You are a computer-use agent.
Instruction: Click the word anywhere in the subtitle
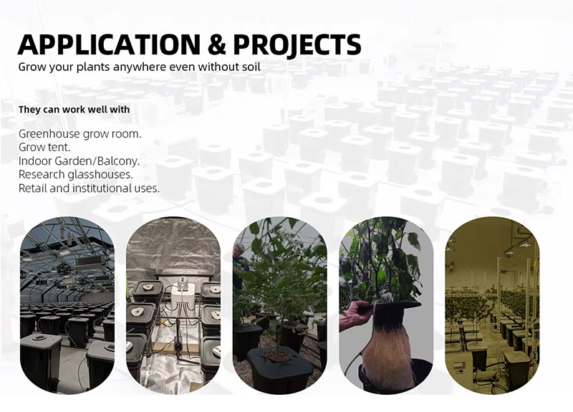pos(140,67)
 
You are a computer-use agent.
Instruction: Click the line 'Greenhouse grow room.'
pos(80,134)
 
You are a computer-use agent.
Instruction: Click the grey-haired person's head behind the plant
pos(238,251)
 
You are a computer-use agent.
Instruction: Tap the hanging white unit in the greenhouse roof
pos(87,262)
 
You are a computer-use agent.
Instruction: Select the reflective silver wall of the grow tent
pos(172,247)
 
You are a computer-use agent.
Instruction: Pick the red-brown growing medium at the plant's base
pos(277,353)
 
